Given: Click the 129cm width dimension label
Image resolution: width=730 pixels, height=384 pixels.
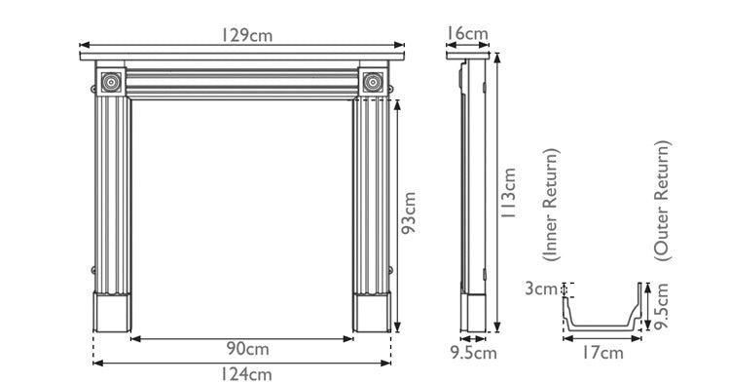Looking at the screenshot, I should pyautogui.click(x=244, y=35).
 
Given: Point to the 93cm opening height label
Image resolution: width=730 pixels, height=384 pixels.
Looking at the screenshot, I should pyautogui.click(x=410, y=211).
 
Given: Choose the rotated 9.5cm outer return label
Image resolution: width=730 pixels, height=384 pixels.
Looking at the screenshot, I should pyautogui.click(x=662, y=306).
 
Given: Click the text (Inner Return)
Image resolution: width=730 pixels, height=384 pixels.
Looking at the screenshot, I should pyautogui.click(x=552, y=206).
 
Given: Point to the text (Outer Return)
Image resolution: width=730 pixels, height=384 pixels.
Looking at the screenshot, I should pyautogui.click(x=662, y=200).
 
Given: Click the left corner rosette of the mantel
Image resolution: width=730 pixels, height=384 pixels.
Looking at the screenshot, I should pyautogui.click(x=112, y=83).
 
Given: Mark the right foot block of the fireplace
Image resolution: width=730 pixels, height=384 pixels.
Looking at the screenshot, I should pyautogui.click(x=372, y=311).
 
